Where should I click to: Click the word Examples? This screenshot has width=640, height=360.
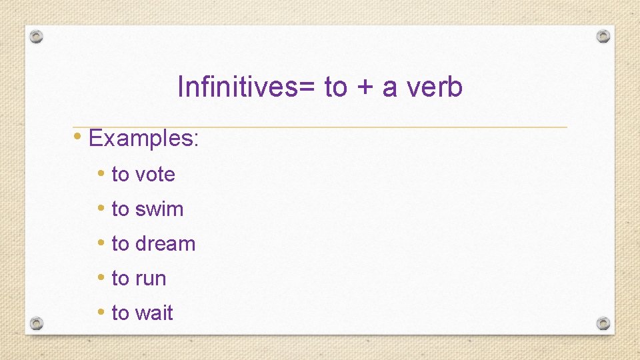143,139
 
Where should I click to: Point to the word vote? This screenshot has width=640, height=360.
155,175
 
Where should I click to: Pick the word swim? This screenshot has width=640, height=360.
159,209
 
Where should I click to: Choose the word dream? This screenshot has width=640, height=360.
165,244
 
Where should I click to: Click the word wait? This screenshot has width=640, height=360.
153,313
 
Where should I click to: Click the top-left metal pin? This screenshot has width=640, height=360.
37,37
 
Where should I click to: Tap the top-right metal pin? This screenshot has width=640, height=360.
603,36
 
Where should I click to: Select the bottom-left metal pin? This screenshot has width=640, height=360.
37,323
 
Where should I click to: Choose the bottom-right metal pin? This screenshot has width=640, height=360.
603,323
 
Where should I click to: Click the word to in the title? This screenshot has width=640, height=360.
335,87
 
